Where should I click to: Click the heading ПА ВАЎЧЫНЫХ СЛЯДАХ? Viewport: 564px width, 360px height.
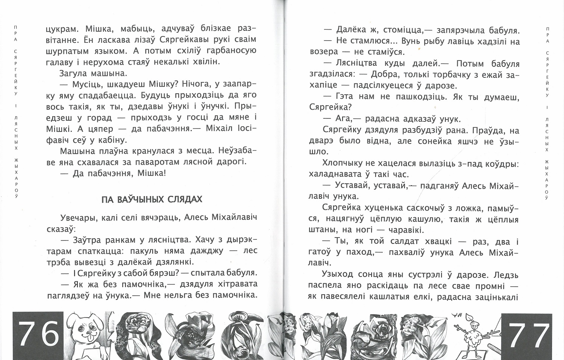(152, 199)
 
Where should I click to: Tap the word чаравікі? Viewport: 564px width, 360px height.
(405, 230)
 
